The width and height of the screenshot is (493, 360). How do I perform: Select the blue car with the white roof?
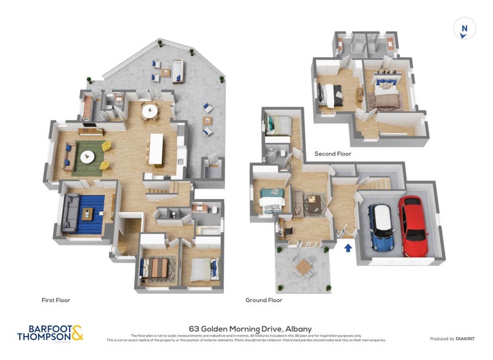pos(381,227)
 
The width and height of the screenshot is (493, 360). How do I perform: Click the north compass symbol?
pos(465,28)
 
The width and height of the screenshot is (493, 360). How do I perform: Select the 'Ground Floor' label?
pos(263,300)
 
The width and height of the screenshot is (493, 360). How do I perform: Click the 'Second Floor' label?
pos(333,153)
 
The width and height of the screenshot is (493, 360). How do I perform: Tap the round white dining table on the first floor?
pos(150,111)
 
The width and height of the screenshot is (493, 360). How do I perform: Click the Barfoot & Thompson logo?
pos(50,333)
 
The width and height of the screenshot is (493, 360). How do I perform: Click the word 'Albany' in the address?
pos(298,329)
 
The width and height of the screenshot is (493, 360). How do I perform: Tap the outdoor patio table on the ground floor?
pos(303,266)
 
